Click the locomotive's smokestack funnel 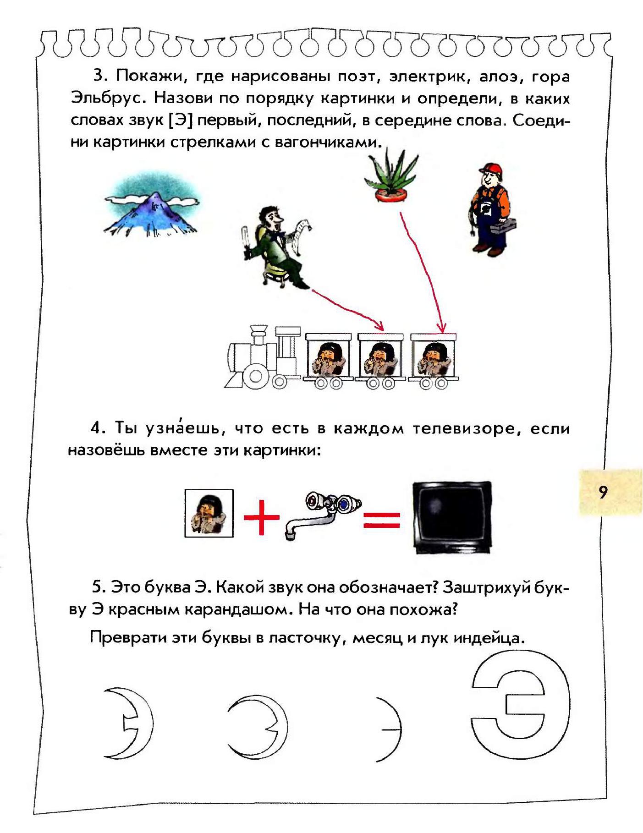(259, 331)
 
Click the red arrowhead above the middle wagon (379, 326)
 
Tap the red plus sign (261, 517)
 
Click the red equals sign (382, 520)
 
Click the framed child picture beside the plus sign (209, 513)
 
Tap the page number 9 (603, 492)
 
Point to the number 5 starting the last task (98, 587)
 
